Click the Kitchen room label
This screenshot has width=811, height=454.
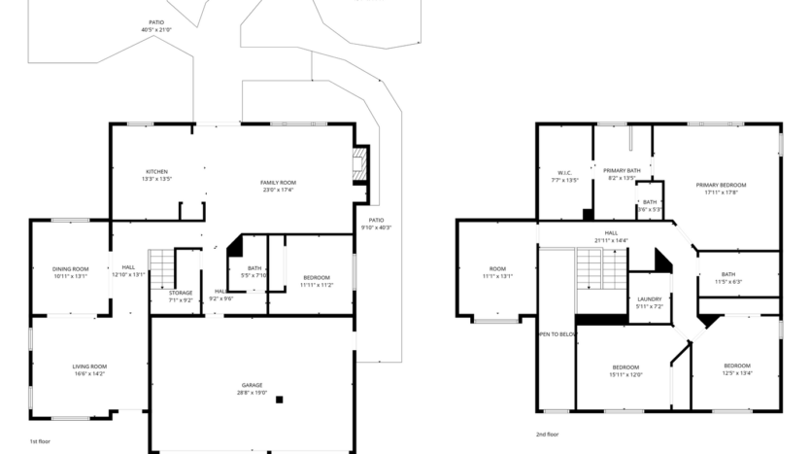click(156, 172)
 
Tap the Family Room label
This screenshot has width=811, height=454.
click(278, 183)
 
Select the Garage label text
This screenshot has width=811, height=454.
click(253, 386)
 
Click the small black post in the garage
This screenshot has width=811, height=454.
click(280, 399)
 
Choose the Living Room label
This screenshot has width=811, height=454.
click(88, 367)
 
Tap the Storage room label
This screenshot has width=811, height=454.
click(181, 293)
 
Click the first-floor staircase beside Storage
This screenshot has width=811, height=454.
click(160, 266)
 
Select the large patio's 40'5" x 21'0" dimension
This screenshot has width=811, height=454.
click(155, 29)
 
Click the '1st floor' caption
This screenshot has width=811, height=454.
click(40, 441)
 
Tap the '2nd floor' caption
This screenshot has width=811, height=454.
click(547, 435)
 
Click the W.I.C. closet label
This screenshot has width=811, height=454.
click(564, 172)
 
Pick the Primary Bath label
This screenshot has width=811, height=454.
click(621, 171)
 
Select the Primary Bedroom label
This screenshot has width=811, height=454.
click(721, 185)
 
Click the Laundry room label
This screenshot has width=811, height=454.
click(649, 298)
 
